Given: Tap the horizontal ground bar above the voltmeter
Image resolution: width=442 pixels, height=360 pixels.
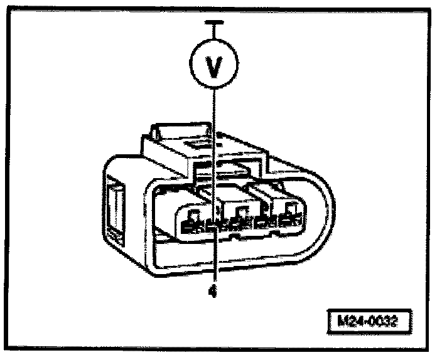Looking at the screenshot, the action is (x=215, y=24).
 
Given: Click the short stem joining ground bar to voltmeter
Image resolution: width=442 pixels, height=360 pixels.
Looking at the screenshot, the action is (x=215, y=34).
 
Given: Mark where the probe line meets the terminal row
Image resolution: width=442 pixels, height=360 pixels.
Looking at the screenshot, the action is (x=215, y=223).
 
